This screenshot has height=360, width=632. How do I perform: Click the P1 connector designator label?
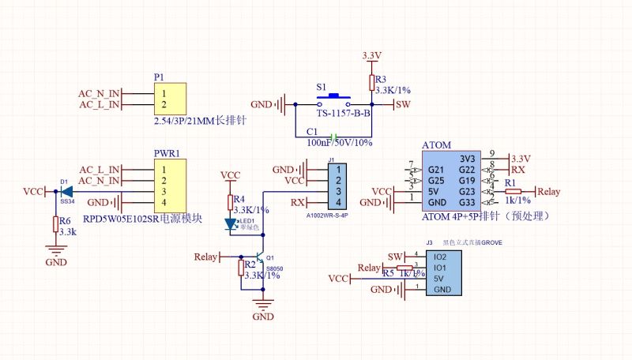coord(159,77)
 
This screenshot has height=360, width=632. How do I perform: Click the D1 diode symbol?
coord(66,192)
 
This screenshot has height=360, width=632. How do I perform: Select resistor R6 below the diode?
coord(55,225)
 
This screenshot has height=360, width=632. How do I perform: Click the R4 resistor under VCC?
coord(231,203)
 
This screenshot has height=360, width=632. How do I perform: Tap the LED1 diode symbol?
coord(231,224)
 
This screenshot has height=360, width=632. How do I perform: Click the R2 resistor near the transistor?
coord(242,268)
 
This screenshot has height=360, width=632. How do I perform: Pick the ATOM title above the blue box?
coord(436,146)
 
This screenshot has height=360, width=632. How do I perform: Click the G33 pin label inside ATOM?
coord(466,202)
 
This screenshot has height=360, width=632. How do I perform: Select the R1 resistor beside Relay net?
coord(513,192)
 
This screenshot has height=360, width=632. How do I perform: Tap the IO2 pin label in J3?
coord(440,257)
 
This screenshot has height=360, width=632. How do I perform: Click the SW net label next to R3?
coord(403,104)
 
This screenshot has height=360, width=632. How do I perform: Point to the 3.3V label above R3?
coord(371,55)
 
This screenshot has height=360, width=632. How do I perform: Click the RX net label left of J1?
coord(298,203)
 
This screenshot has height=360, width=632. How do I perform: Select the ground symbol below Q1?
coord(262,305)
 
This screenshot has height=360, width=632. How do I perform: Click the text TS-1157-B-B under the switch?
coord(344,114)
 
